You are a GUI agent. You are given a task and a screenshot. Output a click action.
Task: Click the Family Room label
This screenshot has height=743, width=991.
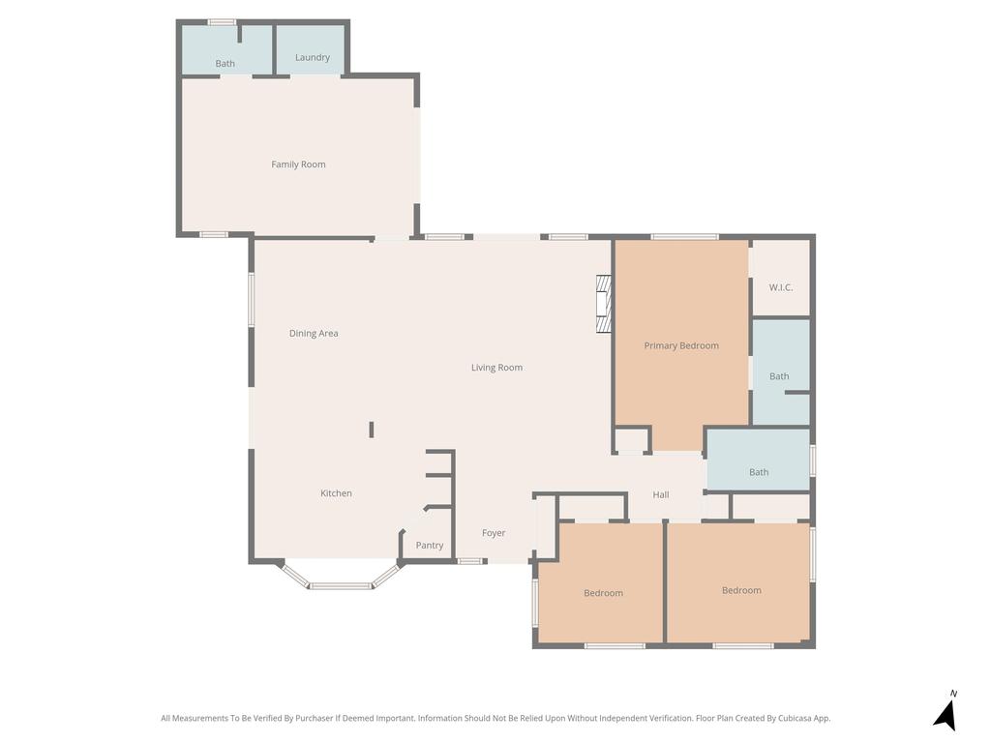(x=298, y=164)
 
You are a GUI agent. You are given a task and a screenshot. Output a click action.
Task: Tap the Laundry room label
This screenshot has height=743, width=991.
(x=313, y=57)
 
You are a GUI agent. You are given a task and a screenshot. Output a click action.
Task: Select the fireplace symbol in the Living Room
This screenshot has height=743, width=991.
(x=604, y=304)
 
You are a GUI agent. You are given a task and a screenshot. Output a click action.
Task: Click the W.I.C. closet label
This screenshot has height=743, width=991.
(x=781, y=287)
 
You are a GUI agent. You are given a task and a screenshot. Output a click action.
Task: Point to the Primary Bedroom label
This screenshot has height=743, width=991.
(x=681, y=345)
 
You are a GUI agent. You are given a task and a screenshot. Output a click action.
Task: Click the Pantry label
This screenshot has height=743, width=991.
(x=430, y=546)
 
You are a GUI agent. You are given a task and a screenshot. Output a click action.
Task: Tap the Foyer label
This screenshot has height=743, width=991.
(x=494, y=533)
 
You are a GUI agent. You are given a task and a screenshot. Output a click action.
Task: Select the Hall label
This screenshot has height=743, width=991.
(x=661, y=494)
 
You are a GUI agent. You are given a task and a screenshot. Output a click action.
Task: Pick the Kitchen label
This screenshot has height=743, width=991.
(x=336, y=493)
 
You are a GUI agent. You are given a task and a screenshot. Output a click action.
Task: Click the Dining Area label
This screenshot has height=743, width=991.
(x=314, y=334)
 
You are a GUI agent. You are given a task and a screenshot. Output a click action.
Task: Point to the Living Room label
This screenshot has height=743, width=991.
(x=496, y=368)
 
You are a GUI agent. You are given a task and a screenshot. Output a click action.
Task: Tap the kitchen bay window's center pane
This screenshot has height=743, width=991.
(x=341, y=585)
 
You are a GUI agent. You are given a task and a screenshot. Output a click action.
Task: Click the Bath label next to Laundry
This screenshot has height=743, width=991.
(x=225, y=64)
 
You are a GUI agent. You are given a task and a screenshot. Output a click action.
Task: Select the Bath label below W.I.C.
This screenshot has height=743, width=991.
(x=779, y=376)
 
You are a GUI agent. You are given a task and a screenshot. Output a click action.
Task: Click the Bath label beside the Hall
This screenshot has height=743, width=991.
(x=759, y=472)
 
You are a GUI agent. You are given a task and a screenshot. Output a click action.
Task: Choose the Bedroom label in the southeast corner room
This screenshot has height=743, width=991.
(x=741, y=590)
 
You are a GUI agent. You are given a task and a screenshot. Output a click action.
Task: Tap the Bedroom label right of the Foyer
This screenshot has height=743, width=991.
(x=603, y=593)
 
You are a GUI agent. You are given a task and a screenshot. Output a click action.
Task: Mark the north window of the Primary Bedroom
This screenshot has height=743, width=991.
(x=684, y=236)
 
